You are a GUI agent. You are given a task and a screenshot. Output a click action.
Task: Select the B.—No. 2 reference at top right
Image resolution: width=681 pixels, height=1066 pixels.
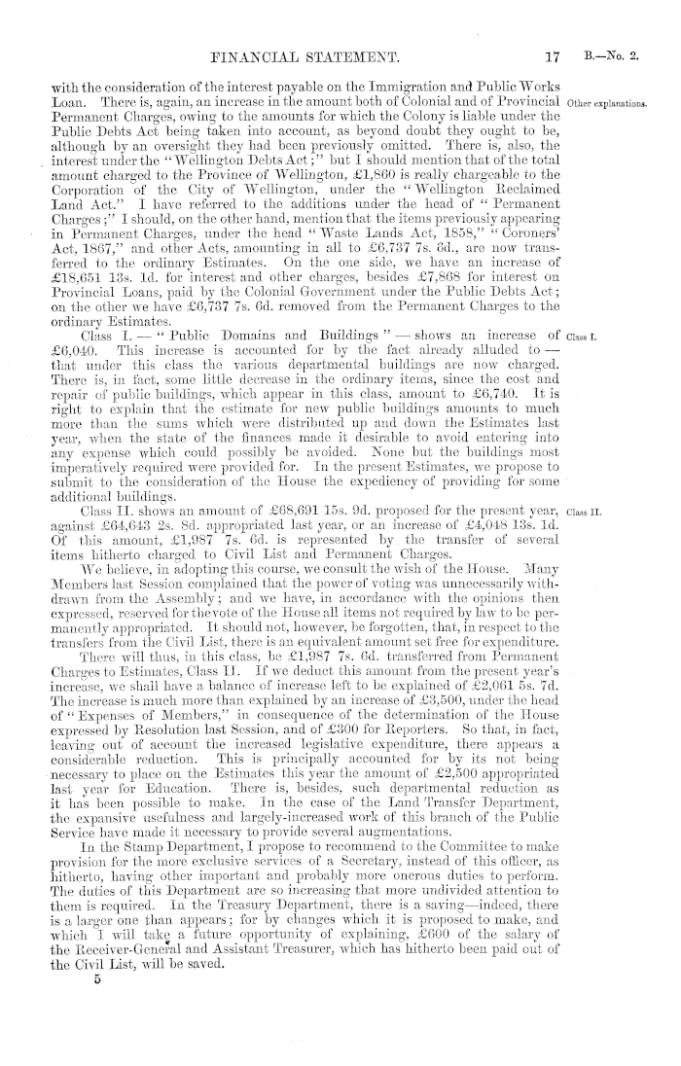[x=613, y=55]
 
